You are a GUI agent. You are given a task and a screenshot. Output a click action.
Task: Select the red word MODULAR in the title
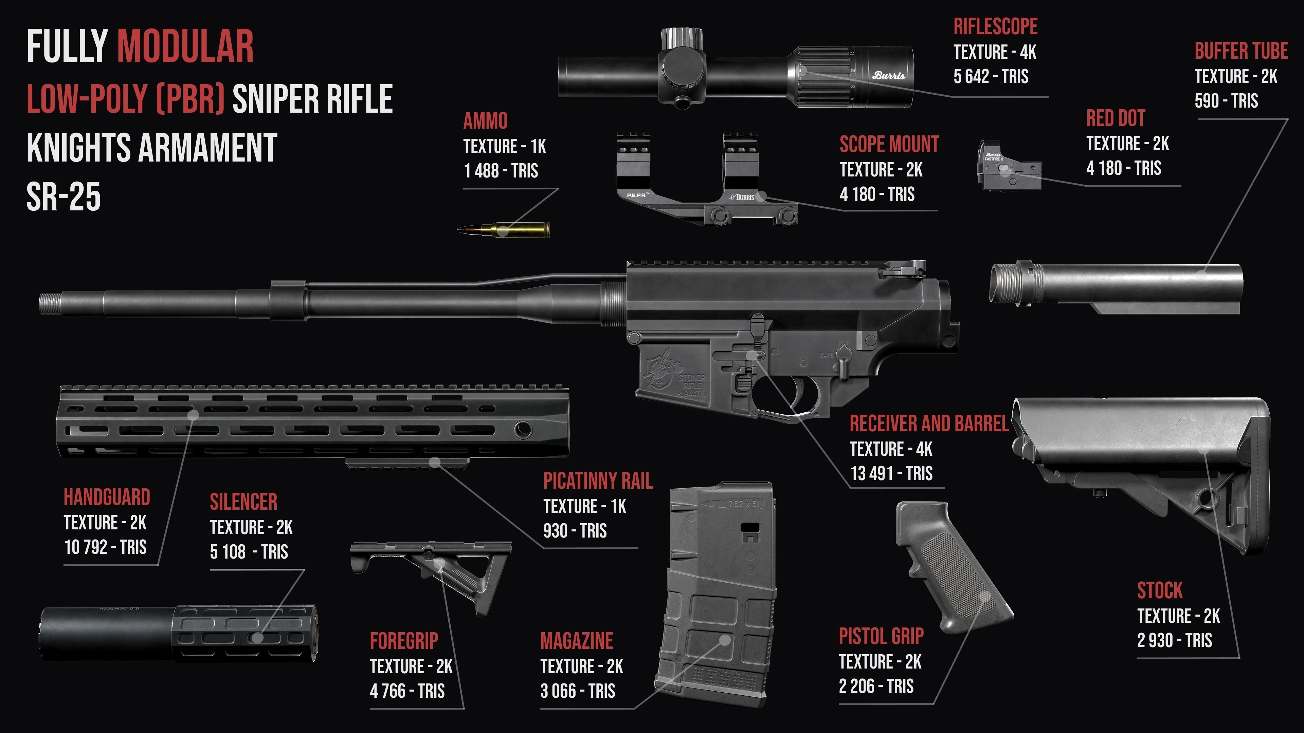pyautogui.click(x=185, y=47)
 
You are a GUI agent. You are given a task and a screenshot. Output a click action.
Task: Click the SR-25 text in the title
pyautogui.click(x=63, y=197)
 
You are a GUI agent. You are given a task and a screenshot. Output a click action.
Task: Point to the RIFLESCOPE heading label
pyautogui.click(x=995, y=27)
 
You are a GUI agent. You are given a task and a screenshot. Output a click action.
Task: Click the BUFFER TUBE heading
pyautogui.click(x=1241, y=51)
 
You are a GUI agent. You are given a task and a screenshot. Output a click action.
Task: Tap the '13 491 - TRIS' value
pyautogui.click(x=891, y=473)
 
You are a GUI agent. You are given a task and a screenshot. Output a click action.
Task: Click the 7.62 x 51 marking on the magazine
pyautogui.click(x=744, y=504)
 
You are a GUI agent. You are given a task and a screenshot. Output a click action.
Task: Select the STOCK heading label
pyautogui.click(x=1160, y=591)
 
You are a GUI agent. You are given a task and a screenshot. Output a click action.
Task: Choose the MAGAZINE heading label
pyautogui.click(x=577, y=641)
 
